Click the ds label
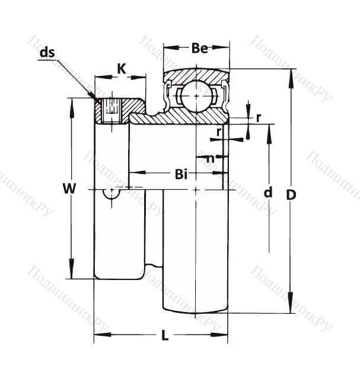tap(47, 52)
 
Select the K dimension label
tap(120, 68)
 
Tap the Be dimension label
tap(199, 49)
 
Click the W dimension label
tap(70, 189)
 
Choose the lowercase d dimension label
tap(268, 192)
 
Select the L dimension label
tap(165, 335)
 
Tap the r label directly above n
tap(219, 131)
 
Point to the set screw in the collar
tap(111, 110)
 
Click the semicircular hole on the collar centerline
tap(111, 192)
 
